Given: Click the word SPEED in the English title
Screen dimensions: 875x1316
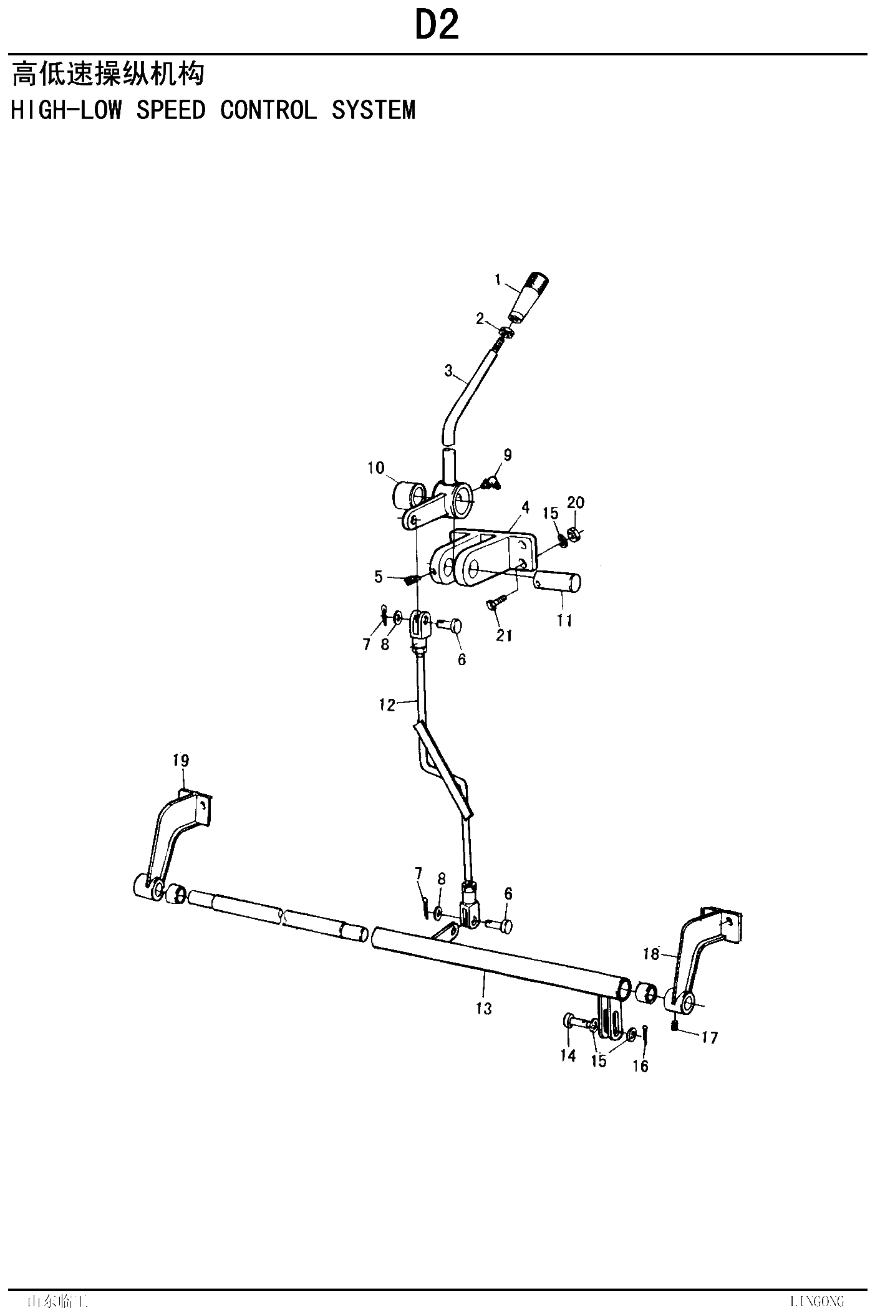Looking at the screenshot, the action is (x=171, y=110).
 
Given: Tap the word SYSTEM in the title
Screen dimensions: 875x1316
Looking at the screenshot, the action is (x=374, y=110).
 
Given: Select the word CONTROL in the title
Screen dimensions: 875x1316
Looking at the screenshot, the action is (x=268, y=110).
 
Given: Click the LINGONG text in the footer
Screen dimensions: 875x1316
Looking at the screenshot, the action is (x=816, y=1301).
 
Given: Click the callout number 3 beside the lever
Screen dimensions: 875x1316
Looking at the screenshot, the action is (x=448, y=371).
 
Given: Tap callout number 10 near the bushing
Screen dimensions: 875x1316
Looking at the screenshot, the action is (x=376, y=468).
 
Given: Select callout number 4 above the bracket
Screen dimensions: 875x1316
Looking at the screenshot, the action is (x=526, y=508).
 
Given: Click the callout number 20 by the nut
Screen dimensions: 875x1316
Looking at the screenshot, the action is (x=576, y=502).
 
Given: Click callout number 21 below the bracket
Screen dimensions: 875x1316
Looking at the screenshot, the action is (x=504, y=635).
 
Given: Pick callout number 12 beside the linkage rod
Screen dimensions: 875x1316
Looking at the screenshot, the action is (x=387, y=705).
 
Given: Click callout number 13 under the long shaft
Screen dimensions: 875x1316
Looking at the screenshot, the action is (x=484, y=1008).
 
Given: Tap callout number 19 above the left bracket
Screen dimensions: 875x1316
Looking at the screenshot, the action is (x=181, y=761).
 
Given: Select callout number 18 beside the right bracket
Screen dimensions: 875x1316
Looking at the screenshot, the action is (x=650, y=954).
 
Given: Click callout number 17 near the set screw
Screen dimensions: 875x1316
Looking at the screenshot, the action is (x=710, y=1037).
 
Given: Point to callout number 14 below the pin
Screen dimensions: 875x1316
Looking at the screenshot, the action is (x=568, y=1056).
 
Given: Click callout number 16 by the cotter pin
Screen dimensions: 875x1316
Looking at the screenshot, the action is (x=641, y=1066).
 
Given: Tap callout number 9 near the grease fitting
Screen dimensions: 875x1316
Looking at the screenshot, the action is (x=508, y=455).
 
